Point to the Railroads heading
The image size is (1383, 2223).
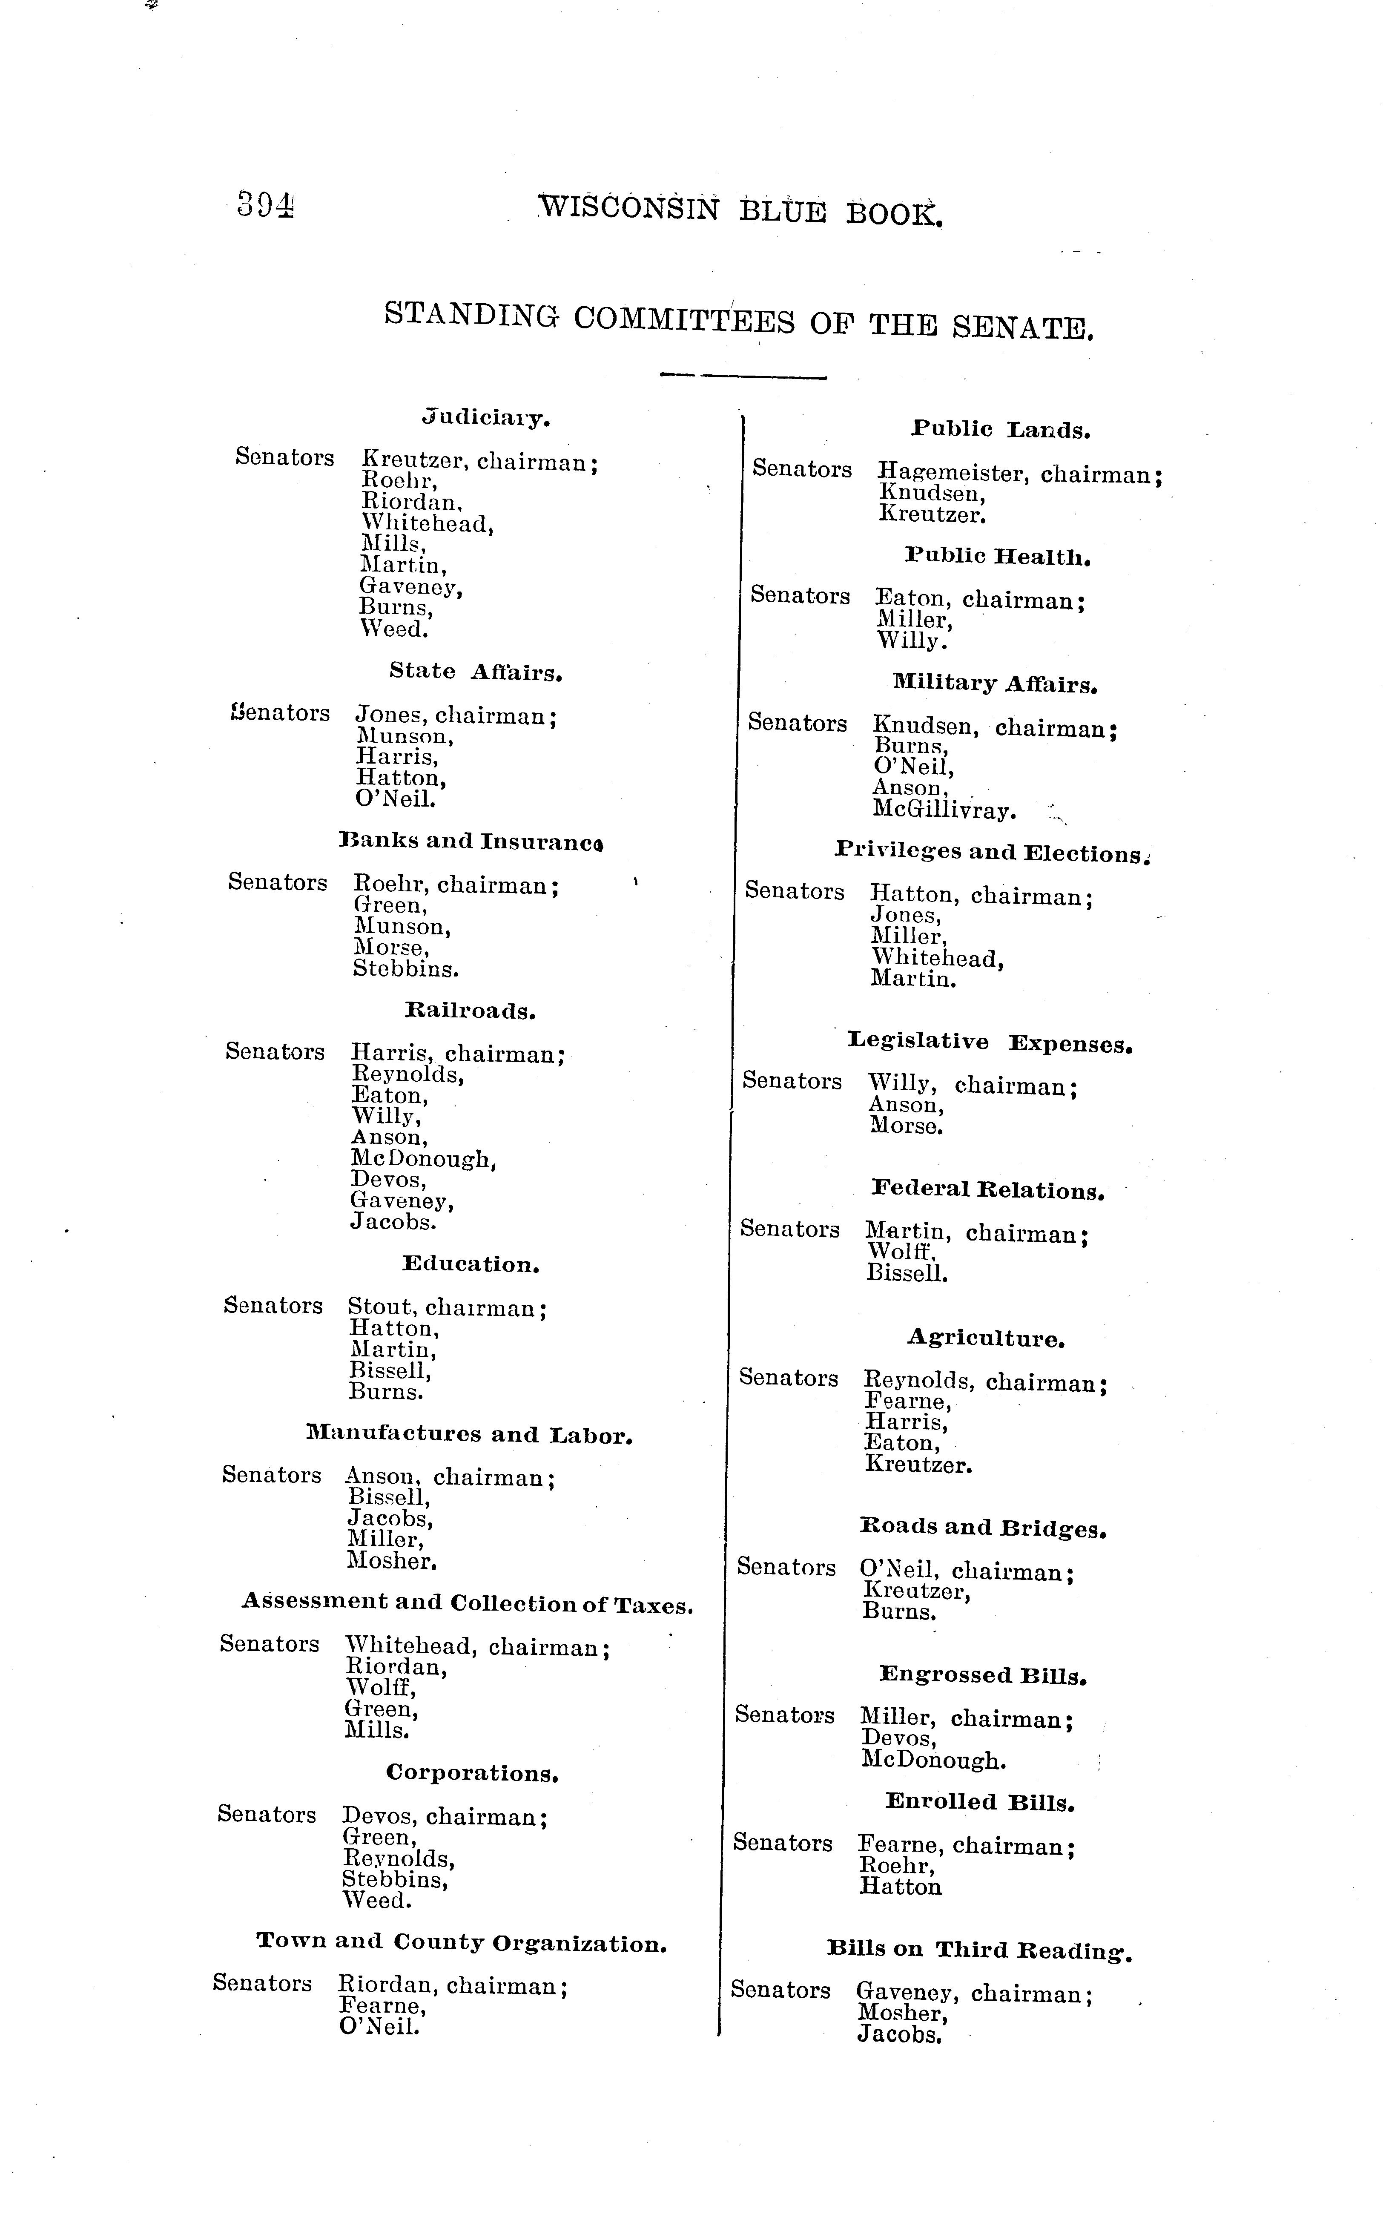point(469,1011)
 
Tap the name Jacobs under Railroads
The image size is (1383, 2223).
point(393,1221)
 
